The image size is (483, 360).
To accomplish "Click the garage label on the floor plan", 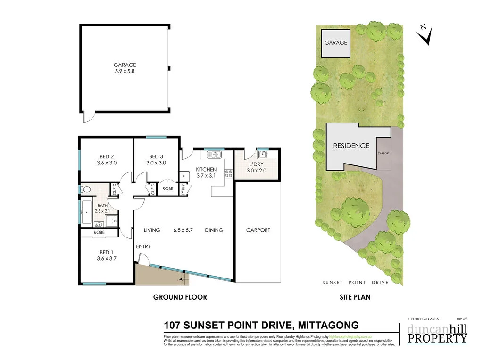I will (x=125, y=65).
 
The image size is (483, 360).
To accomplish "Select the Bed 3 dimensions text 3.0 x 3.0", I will (x=156, y=163).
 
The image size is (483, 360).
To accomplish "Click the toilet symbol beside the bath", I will (x=85, y=189).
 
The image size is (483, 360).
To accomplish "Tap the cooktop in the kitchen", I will (x=230, y=173).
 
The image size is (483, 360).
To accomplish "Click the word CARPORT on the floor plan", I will (x=258, y=230).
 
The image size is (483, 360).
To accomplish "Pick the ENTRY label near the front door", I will (x=143, y=247).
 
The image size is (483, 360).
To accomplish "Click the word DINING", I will (x=214, y=230).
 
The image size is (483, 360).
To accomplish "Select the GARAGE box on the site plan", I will (x=335, y=43).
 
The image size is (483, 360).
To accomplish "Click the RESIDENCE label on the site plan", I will (x=351, y=146).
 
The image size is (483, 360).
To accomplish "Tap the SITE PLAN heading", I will (x=355, y=297).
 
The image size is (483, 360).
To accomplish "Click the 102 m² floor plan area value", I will (x=462, y=319).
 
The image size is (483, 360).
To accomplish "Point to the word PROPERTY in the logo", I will (x=437, y=338).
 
